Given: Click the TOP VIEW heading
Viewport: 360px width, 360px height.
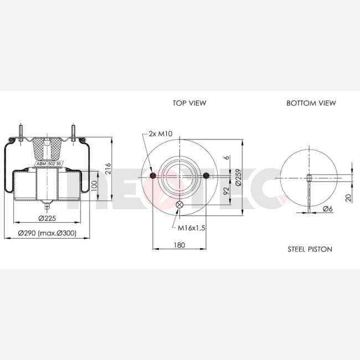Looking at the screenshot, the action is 189,103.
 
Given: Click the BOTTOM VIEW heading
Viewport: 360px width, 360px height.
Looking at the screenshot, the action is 311,103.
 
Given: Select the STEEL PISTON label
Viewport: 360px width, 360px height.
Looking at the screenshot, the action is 310,249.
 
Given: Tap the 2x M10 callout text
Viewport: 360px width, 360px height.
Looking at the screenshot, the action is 161,133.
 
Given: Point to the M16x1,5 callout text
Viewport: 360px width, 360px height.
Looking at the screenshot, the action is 192,228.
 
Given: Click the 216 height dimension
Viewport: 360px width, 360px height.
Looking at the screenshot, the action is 107,168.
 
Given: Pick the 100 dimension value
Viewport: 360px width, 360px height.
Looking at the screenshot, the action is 94,187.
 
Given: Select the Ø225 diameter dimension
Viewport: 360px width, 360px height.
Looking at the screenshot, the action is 47,218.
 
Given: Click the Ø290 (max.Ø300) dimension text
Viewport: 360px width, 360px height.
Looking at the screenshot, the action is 47,233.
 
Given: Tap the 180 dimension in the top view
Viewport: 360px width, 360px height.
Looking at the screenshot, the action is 179,245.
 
